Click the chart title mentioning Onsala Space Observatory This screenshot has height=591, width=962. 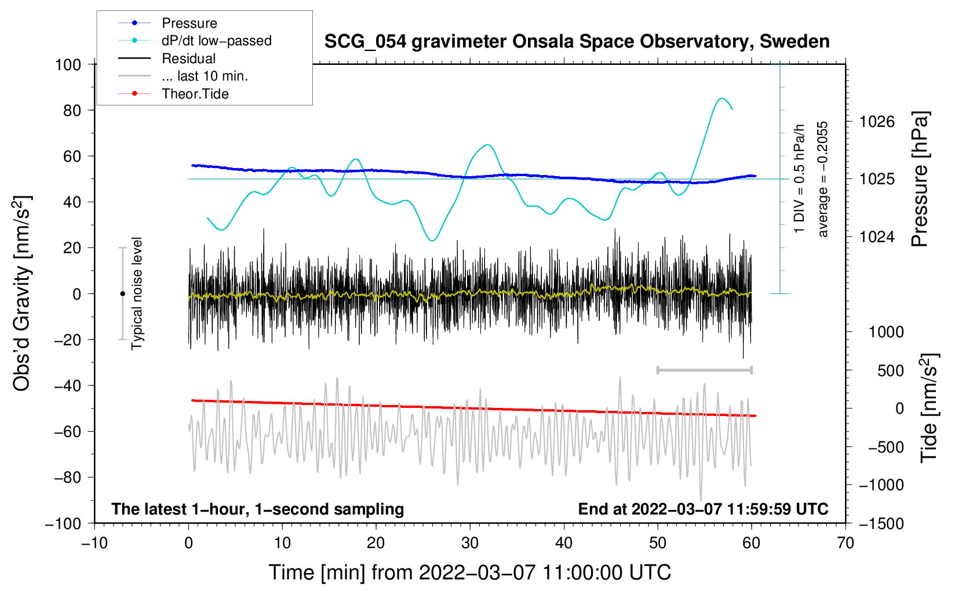click(x=577, y=42)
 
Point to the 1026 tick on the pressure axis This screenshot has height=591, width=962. click(x=877, y=122)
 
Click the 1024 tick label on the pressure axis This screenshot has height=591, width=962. click(x=877, y=236)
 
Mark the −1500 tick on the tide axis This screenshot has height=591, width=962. click(x=881, y=523)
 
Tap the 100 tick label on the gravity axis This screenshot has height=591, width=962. click(x=68, y=64)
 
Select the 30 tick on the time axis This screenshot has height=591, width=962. click(x=470, y=543)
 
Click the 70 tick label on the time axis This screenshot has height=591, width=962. click(x=846, y=543)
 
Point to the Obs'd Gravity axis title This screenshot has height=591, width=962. click(x=22, y=294)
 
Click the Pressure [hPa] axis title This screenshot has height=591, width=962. click(x=920, y=179)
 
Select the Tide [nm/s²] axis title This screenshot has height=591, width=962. click(x=930, y=408)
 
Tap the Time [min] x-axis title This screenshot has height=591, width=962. click(x=469, y=572)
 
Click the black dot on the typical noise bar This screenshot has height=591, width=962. click(x=122, y=294)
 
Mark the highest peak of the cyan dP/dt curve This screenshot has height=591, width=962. click(x=721, y=99)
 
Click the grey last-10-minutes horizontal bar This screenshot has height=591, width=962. click(x=704, y=370)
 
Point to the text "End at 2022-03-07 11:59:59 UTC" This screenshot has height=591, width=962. click(x=703, y=509)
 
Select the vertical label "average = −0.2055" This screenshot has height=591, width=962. click(x=823, y=179)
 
